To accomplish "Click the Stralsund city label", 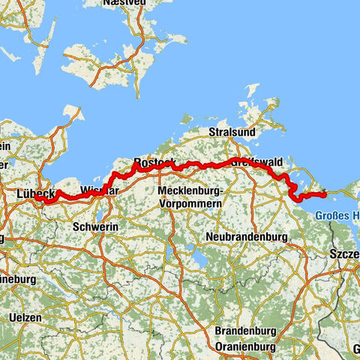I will pyautogui.click(x=232, y=132).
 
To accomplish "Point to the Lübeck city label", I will pyautogui.click(x=34, y=193).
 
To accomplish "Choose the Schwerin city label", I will pyautogui.click(x=95, y=226).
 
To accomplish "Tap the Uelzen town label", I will pyautogui.click(x=25, y=318).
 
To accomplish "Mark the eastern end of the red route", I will pyautogui.click(x=324, y=195).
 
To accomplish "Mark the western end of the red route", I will pyautogui.click(x=43, y=201).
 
